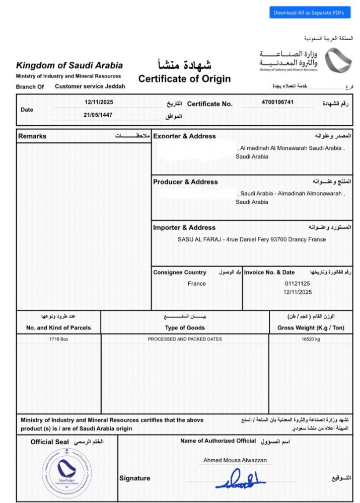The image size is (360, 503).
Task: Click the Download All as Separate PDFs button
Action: [x=309, y=13]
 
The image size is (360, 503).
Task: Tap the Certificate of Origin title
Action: [x=184, y=78]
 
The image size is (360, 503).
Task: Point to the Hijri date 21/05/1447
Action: [x=99, y=115]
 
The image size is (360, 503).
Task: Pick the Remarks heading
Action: [x=32, y=136]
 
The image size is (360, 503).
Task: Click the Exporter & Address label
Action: [x=184, y=136]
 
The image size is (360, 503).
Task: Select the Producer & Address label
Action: [x=185, y=182]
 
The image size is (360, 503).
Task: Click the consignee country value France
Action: [x=197, y=284]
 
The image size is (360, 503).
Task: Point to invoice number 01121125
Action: [x=298, y=284]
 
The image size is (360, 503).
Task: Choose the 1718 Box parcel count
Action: [x=58, y=340]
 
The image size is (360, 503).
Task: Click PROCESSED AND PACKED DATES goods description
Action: [x=185, y=340]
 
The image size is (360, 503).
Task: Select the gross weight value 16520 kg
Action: [x=311, y=340]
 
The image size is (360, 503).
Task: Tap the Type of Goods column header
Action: [x=185, y=328]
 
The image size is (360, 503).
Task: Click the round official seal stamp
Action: [x=66, y=471]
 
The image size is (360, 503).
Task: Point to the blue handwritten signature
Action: [x=240, y=479]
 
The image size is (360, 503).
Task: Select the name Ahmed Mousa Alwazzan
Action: [x=235, y=460]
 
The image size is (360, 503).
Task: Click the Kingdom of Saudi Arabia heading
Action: [x=69, y=65]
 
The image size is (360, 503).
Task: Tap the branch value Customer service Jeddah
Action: [x=90, y=87]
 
